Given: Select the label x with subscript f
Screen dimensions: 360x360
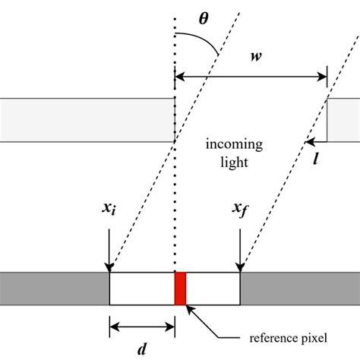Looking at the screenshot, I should tap(242, 210).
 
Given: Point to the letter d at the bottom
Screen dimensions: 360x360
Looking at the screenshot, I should tap(142, 349).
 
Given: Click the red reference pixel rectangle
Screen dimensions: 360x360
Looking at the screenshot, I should tap(180, 288).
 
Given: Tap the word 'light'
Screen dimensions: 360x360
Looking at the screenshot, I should tap(233, 162).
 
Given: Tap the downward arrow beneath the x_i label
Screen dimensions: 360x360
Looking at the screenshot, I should tap(110, 247).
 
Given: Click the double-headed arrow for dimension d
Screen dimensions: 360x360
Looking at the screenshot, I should tap(142, 327).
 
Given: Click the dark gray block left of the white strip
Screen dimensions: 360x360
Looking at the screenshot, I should tap(54, 288).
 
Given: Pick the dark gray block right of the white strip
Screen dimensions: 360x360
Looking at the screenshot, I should tap(300, 288).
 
